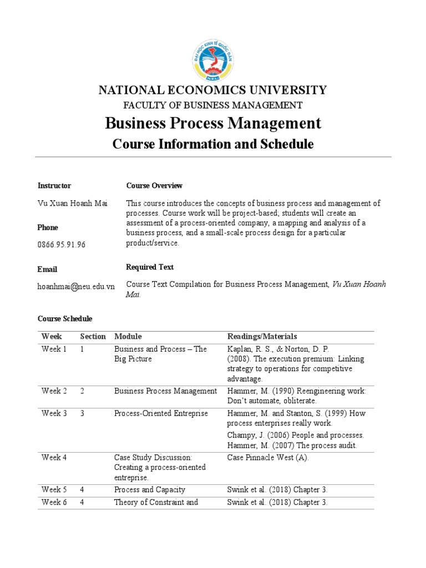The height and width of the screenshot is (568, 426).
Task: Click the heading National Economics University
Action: click(x=212, y=90)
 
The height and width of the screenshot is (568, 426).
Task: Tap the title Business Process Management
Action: click(x=213, y=123)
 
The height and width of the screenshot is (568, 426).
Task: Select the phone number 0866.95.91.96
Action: click(x=62, y=244)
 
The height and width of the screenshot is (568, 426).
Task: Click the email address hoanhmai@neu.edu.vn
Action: click(x=76, y=286)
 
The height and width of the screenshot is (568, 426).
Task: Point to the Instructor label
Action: click(x=54, y=185)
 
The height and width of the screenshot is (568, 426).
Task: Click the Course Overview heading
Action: click(x=154, y=185)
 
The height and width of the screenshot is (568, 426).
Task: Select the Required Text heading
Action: click(x=150, y=267)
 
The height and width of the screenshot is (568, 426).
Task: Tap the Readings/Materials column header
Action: click(x=262, y=336)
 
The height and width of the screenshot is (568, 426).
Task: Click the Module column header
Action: click(x=128, y=336)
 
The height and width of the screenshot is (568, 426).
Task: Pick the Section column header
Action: click(x=93, y=336)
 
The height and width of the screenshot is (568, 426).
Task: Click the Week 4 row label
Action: click(x=54, y=458)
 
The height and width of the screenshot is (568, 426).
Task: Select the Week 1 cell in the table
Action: click(x=54, y=349)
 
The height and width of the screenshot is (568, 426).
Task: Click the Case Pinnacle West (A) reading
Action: click(x=268, y=458)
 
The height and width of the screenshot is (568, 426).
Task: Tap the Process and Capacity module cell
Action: click(x=149, y=490)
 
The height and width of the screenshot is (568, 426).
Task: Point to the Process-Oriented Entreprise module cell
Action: click(x=161, y=413)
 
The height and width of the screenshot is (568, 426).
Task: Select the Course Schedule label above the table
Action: click(x=65, y=319)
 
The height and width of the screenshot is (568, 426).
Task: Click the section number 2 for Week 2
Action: click(x=82, y=391)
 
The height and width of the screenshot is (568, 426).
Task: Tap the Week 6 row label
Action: click(x=54, y=503)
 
